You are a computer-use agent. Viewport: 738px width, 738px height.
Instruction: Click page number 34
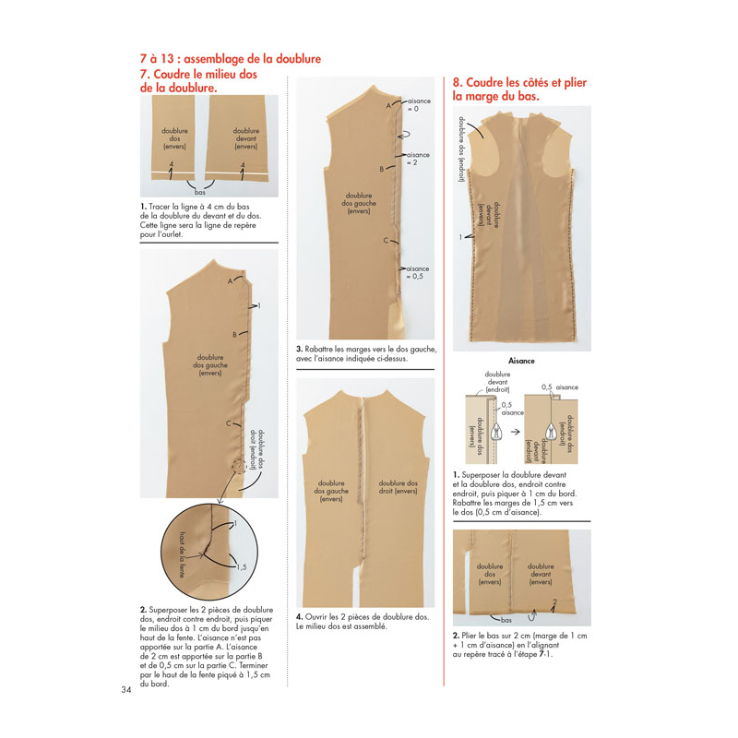(x=126, y=690)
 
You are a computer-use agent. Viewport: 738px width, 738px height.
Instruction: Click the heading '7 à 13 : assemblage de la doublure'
(x=231, y=59)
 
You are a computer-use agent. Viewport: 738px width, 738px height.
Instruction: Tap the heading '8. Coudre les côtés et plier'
(x=519, y=82)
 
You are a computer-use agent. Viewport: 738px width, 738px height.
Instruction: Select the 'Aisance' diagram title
(x=521, y=361)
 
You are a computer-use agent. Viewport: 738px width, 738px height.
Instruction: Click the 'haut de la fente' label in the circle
(x=182, y=555)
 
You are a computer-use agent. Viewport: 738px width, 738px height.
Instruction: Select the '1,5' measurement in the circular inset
(x=241, y=567)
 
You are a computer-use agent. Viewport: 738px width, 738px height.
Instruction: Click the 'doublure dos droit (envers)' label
(x=399, y=487)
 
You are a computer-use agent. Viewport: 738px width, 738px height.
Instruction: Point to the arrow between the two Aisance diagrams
(x=516, y=432)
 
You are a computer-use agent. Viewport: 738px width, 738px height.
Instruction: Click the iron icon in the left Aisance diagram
(x=495, y=432)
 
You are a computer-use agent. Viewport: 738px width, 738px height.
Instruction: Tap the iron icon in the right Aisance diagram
(x=551, y=432)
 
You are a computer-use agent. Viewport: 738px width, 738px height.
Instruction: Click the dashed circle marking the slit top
(x=239, y=466)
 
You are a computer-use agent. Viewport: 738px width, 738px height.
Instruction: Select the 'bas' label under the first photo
(x=200, y=192)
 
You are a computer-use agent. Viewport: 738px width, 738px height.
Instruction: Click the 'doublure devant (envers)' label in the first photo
(x=246, y=138)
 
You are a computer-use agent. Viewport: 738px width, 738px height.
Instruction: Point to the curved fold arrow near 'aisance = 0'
(x=403, y=135)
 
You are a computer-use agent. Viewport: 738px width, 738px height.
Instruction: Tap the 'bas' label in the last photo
(x=506, y=620)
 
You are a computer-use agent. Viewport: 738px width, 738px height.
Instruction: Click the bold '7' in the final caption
(x=542, y=654)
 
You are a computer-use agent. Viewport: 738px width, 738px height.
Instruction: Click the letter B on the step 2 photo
(x=234, y=335)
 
